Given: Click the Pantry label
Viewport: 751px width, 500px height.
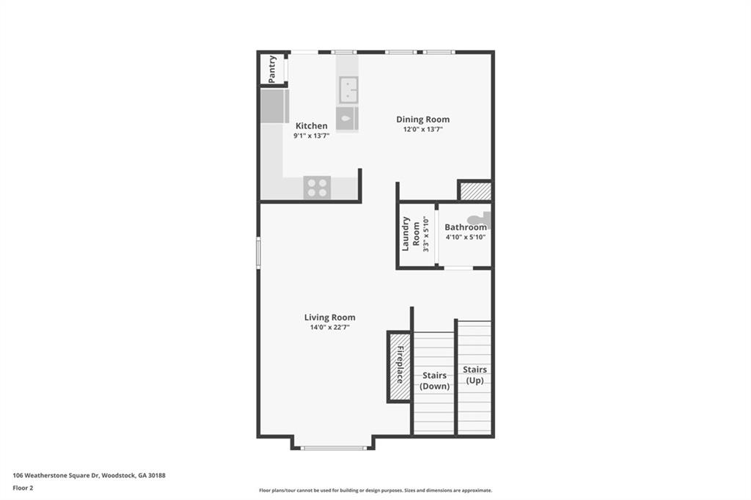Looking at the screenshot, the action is (272, 69).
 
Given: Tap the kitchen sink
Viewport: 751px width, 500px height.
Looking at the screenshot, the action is (348, 89).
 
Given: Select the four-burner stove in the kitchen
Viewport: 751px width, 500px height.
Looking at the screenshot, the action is (317, 187).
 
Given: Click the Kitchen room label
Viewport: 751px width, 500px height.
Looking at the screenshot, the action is (311, 126).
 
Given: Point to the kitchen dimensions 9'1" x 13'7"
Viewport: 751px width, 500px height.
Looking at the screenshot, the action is (311, 136).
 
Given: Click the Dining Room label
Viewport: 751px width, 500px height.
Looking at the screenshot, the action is (423, 120).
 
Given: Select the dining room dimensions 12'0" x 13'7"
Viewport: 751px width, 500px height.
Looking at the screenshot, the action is (423, 129).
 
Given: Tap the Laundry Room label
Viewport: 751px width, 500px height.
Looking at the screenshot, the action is (411, 234).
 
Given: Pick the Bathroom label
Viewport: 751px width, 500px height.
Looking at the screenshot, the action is (466, 227).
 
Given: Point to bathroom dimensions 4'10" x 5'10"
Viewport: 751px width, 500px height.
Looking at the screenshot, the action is (466, 237).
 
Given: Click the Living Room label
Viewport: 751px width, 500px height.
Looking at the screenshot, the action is (330, 317).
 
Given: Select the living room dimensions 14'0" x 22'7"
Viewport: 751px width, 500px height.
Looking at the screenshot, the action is (330, 328).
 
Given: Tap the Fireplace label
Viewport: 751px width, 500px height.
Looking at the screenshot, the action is (400, 364).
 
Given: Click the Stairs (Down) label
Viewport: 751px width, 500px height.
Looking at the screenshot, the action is (434, 380).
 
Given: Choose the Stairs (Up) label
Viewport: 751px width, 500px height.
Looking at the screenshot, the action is (475, 375).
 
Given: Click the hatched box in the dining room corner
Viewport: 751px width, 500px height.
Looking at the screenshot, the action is (475, 191).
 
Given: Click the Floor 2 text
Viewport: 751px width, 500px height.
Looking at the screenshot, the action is (23, 488).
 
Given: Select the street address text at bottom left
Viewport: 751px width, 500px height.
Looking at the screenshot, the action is (89, 476).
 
